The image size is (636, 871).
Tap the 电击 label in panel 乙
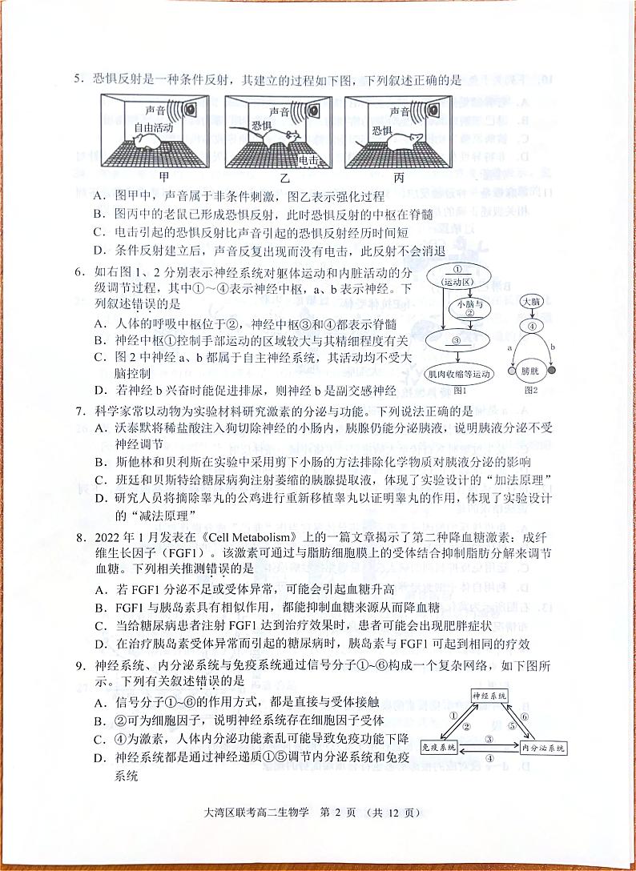pyautogui.click(x=309, y=161)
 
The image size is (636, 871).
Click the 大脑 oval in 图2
pyautogui.click(x=531, y=302)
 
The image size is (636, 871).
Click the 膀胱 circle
pyautogui.click(x=530, y=372)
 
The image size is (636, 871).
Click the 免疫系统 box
pyautogui.click(x=439, y=747)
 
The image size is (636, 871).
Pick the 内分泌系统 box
pyautogui.click(x=543, y=747)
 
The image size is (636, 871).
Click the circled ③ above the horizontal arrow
pyautogui.click(x=488, y=740)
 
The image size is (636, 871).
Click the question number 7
pyautogui.click(x=79, y=411)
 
